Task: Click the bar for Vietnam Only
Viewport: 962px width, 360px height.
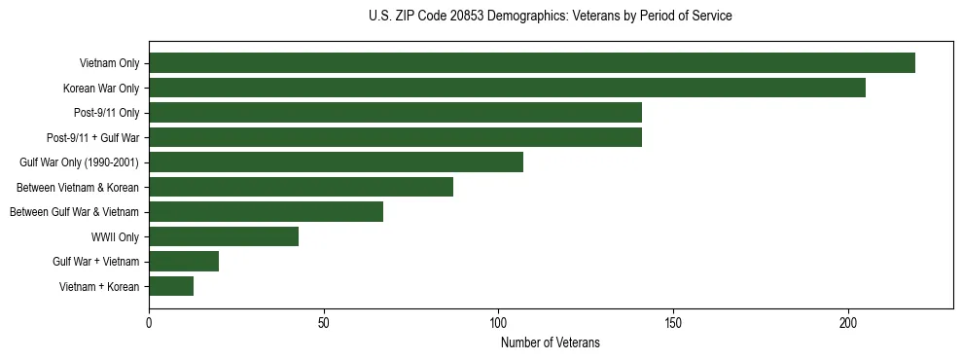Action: coord(532,63)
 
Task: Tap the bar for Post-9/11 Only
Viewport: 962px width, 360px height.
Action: coord(395,113)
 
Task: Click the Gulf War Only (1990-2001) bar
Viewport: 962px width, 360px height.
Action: coord(336,162)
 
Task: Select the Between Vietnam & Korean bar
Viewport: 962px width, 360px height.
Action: coord(301,187)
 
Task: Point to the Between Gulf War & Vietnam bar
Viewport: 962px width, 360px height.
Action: coord(266,212)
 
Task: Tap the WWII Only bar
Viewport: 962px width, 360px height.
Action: coord(224,236)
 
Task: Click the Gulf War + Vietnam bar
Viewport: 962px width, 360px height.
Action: coord(184,262)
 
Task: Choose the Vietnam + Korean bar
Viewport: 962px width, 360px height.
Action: coord(171,286)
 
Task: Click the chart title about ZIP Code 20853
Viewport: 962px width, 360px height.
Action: coord(551,17)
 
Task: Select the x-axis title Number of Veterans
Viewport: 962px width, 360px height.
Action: coord(551,343)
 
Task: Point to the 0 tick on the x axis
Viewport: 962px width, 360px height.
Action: coord(149,322)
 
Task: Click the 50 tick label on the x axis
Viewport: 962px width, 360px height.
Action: coord(324,322)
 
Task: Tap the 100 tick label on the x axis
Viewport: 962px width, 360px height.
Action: coord(498,322)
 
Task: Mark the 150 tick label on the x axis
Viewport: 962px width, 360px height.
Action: coord(673,322)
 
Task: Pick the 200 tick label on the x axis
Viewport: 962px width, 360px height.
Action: coord(848,322)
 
